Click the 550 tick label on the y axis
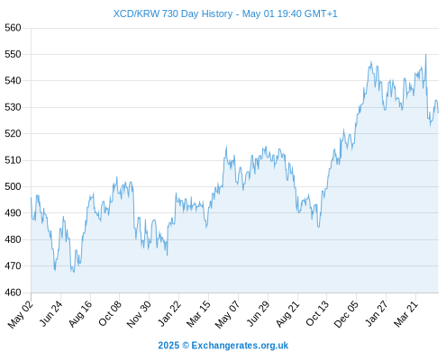(x=13, y=54)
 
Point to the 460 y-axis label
(x=13, y=292)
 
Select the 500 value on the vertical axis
(x=13, y=186)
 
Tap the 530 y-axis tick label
(x=13, y=107)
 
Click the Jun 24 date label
(x=51, y=313)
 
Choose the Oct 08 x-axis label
(x=110, y=313)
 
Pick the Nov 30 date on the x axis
(x=139, y=314)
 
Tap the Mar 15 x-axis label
(x=198, y=314)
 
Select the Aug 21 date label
(x=287, y=314)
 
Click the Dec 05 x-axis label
(x=346, y=314)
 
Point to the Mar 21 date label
(x=405, y=314)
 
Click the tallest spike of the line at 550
(x=425, y=55)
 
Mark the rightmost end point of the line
(x=438, y=112)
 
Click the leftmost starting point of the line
(x=31, y=198)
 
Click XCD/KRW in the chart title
(x=136, y=13)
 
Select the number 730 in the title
(x=170, y=13)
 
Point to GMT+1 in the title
(x=321, y=13)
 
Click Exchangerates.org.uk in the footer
(x=240, y=346)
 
